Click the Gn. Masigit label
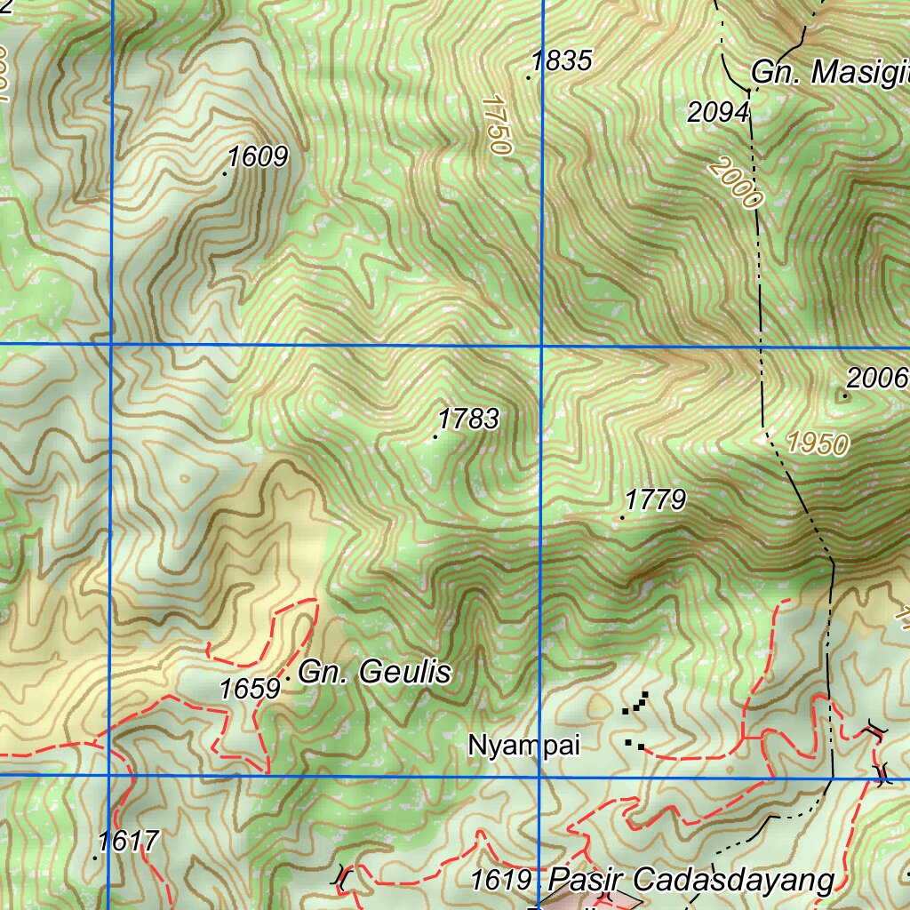pyautogui.click(x=829, y=73)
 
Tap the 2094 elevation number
pyautogui.click(x=718, y=113)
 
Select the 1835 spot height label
pyautogui.click(x=562, y=61)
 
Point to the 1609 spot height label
pyautogui.click(x=258, y=157)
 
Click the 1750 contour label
pyautogui.click(x=497, y=126)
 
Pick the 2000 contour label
pyautogui.click(x=736, y=182)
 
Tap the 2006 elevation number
pyautogui.click(x=876, y=379)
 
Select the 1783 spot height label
pyautogui.click(x=468, y=419)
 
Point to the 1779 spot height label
pyautogui.click(x=655, y=500)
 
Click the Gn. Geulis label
pyautogui.click(x=374, y=673)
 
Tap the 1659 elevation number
pyautogui.click(x=250, y=689)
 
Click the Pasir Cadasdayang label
pyautogui.click(x=691, y=881)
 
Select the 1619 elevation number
pyautogui.click(x=501, y=881)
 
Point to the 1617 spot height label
pyautogui.click(x=128, y=841)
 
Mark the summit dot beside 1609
pyautogui.click(x=225, y=173)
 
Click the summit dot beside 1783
pyautogui.click(x=435, y=436)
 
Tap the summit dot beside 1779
pyautogui.click(x=622, y=517)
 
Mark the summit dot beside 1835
pyautogui.click(x=529, y=78)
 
